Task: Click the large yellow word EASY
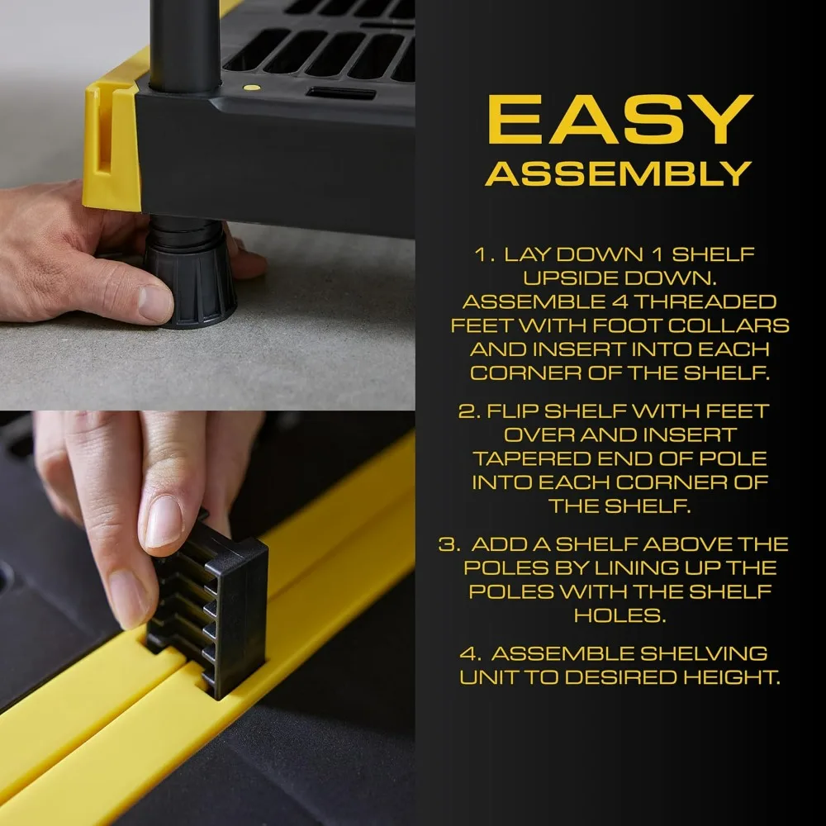(619, 121)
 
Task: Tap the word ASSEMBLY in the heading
(619, 173)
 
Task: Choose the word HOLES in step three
(619, 615)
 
